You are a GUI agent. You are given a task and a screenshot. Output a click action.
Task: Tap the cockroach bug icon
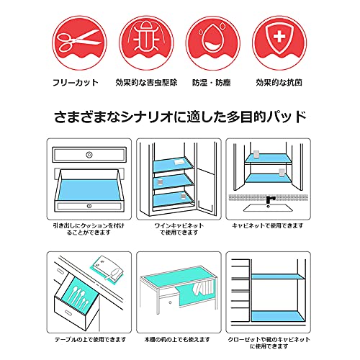146,36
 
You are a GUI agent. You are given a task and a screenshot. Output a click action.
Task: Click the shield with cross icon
279,39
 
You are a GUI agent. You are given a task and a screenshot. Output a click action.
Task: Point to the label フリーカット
76,83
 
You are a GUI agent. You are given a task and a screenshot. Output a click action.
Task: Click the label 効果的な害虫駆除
146,83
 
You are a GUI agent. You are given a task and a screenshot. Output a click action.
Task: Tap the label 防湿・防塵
212,83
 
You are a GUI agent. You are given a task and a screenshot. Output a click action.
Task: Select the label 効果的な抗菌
279,83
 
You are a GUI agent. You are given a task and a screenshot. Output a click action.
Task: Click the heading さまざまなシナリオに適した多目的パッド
180,117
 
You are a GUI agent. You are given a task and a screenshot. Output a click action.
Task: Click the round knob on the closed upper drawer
89,155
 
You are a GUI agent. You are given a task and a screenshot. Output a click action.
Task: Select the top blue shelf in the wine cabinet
173,164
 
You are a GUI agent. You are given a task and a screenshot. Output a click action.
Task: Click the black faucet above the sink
270,201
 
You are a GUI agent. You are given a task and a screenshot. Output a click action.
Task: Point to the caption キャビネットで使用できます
268,225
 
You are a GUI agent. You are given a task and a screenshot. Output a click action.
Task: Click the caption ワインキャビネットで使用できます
179,229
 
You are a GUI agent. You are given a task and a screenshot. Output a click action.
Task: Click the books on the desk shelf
204,287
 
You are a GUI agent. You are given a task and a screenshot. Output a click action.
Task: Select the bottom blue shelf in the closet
278,316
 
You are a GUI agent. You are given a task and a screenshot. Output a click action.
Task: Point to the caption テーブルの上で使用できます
91,340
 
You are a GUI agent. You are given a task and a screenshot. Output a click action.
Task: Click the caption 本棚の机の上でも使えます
177,340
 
